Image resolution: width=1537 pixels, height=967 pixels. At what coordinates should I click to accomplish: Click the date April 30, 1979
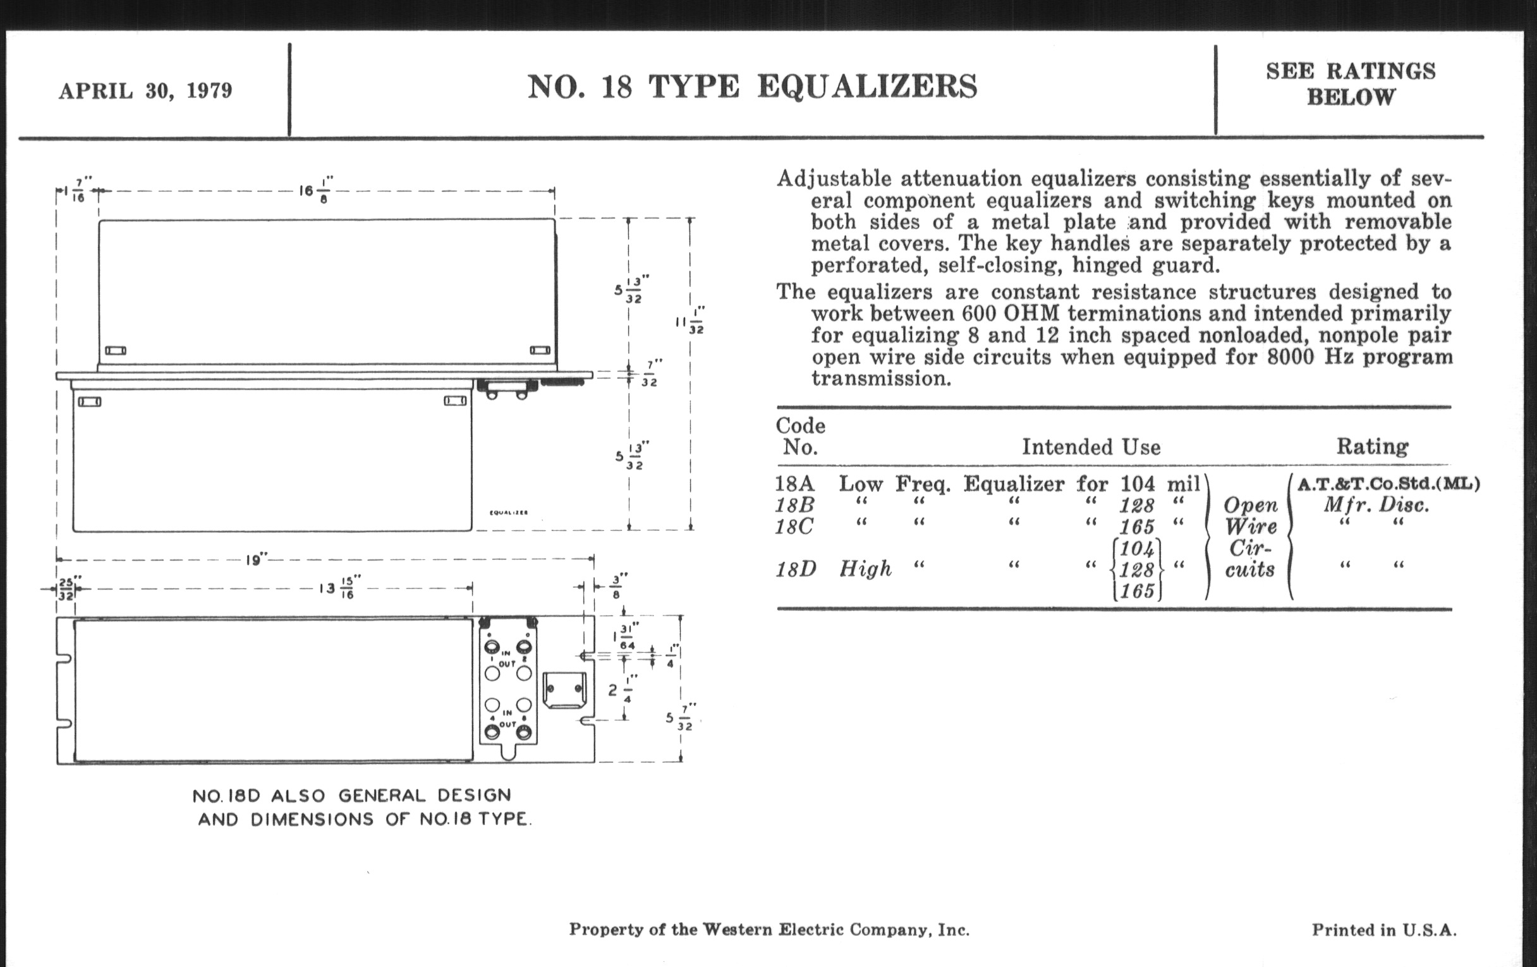click(x=145, y=90)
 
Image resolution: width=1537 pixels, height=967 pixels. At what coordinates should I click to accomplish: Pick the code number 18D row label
click(x=795, y=569)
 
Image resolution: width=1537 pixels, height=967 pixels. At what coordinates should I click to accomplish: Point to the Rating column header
click(x=1372, y=446)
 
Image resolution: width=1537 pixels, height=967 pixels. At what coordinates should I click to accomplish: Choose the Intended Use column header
click(x=1091, y=447)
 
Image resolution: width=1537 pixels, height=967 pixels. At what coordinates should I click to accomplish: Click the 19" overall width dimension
click(x=255, y=561)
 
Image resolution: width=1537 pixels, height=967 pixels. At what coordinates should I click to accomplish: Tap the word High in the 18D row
click(x=865, y=569)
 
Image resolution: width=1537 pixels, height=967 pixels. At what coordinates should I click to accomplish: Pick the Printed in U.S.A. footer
click(x=1384, y=930)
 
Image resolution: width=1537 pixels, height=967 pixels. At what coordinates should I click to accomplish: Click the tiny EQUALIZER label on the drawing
click(x=508, y=513)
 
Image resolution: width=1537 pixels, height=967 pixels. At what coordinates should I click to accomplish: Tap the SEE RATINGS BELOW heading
click(x=1350, y=83)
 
